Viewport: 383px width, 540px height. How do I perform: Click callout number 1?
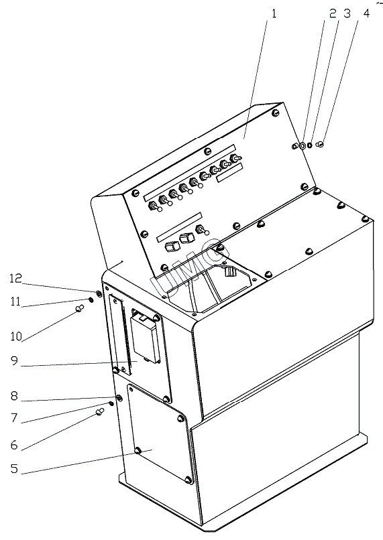[274, 14]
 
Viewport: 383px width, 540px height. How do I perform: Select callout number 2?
[333, 14]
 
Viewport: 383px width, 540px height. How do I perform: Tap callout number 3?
[347, 14]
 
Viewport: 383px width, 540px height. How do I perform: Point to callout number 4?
[366, 14]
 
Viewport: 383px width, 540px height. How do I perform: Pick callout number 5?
[14, 468]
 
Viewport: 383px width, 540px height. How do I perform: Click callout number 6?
[14, 445]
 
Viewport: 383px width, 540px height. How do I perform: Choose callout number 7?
[14, 418]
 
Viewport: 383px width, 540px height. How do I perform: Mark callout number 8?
[14, 396]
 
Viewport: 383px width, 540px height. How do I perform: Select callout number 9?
[14, 361]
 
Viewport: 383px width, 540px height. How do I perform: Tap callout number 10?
[16, 336]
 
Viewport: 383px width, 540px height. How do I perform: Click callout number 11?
[15, 301]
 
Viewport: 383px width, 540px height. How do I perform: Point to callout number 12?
[16, 278]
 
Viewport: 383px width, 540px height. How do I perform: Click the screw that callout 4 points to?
[320, 144]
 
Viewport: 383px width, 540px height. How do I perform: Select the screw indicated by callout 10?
[80, 308]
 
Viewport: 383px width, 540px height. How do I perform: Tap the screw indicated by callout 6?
[100, 411]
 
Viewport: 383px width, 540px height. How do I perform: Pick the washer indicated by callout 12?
[98, 293]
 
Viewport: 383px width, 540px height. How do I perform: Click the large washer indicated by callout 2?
[302, 146]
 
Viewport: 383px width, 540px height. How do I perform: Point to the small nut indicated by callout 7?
[111, 403]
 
